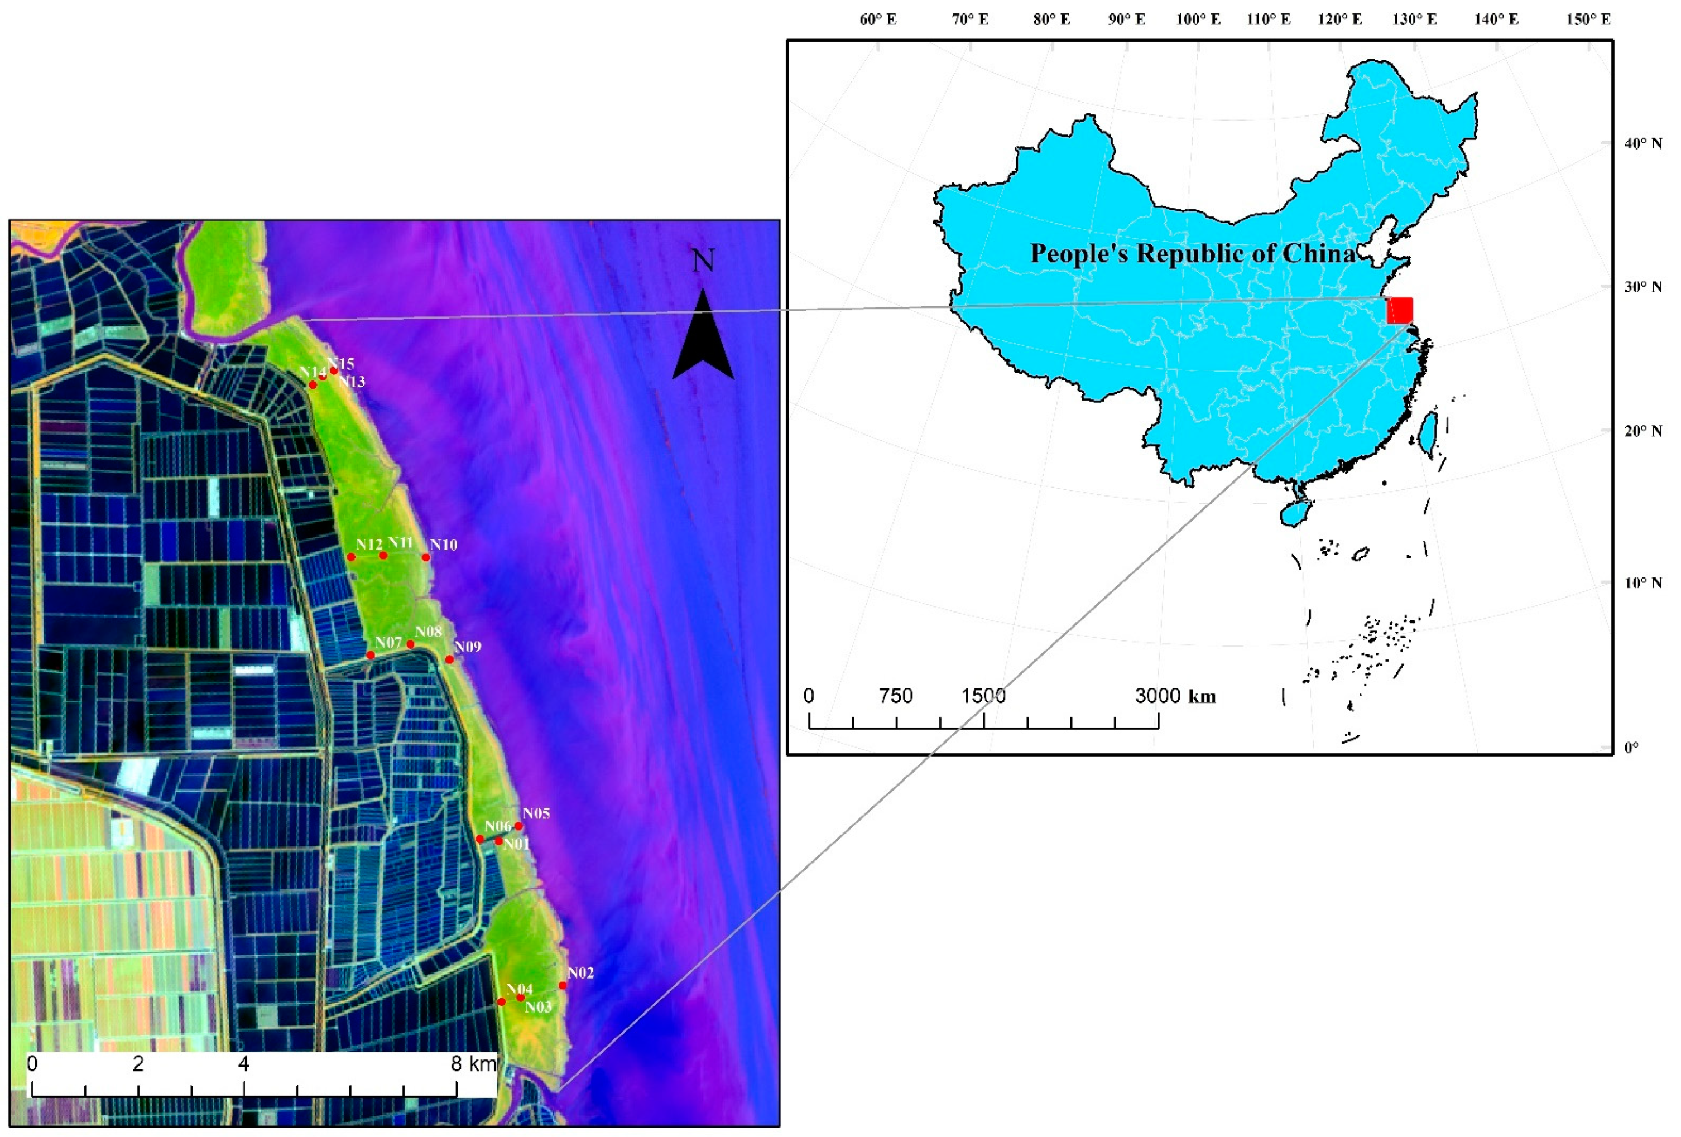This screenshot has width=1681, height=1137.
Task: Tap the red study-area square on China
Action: [x=1399, y=310]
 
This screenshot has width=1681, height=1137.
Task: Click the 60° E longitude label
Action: [x=877, y=20]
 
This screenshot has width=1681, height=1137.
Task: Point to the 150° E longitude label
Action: [x=1588, y=20]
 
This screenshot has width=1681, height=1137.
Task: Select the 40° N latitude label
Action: [x=1642, y=143]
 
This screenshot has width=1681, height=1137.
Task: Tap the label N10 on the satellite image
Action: [x=443, y=545]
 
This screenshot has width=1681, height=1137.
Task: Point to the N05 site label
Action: [x=536, y=813]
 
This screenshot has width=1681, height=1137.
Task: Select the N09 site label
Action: [x=467, y=647]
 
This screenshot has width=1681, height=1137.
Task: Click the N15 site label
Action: [x=340, y=364]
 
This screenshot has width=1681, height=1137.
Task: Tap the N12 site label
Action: [x=369, y=544]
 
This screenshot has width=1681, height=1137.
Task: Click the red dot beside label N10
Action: [x=426, y=557]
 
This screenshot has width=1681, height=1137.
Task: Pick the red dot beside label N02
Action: [x=563, y=985]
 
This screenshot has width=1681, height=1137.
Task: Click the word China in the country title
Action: [x=1319, y=253]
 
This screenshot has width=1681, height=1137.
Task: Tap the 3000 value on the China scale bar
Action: [x=1159, y=696]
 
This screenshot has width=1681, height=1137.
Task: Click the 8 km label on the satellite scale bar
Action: [x=474, y=1063]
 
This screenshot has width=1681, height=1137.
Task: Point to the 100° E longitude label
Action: [x=1198, y=20]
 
